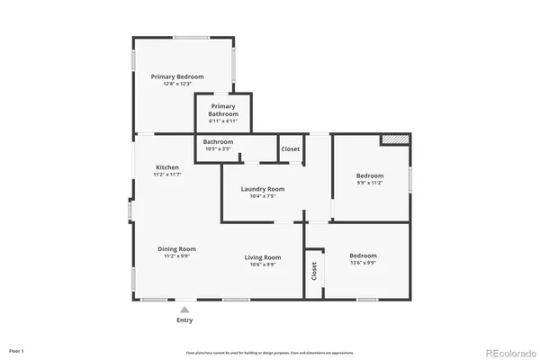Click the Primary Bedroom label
(x=177, y=76)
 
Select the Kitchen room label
(x=167, y=167)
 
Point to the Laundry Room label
(x=263, y=189)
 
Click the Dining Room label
(x=176, y=249)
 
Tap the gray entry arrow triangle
(x=184, y=309)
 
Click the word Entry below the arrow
(x=184, y=320)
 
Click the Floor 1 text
(x=16, y=350)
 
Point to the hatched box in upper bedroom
(x=395, y=139)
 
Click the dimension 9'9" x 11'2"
(x=369, y=183)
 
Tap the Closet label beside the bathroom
(x=291, y=149)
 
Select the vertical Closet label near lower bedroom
(x=314, y=271)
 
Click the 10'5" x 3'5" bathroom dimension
(x=218, y=149)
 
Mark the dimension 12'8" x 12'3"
(x=177, y=84)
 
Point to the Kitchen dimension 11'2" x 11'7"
(x=167, y=175)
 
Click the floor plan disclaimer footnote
(x=270, y=352)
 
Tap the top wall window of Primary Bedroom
(x=192, y=37)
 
